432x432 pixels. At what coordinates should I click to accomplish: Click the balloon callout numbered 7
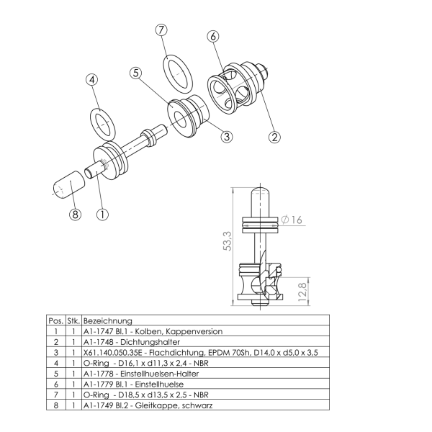pos(161,30)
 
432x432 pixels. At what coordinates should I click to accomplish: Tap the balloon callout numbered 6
pos(213,37)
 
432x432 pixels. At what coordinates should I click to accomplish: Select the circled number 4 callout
pos(92,80)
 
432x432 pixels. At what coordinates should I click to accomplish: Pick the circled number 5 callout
pos(136,73)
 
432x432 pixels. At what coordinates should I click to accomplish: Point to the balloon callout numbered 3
pos(227,136)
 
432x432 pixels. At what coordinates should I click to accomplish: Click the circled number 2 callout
pos(274,137)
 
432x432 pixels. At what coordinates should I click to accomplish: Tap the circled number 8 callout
pos(75,214)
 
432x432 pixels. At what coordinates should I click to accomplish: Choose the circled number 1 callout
pos(102,214)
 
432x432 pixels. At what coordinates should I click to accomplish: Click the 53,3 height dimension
pos(228,241)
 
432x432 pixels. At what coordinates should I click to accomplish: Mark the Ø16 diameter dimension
pos(292,220)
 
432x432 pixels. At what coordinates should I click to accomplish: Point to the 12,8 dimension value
pos(302,292)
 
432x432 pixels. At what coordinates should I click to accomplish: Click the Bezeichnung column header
pos(108,320)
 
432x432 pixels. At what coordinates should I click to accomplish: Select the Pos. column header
pos(56,320)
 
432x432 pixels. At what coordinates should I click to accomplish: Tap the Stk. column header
pos(73,320)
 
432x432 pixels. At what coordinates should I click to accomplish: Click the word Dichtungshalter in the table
pos(150,342)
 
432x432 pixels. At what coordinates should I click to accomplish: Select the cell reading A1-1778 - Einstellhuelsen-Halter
pos(141,374)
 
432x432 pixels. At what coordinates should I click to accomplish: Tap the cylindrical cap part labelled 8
pos(69,184)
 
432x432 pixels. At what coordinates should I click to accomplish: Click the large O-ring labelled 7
pos(176,74)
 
